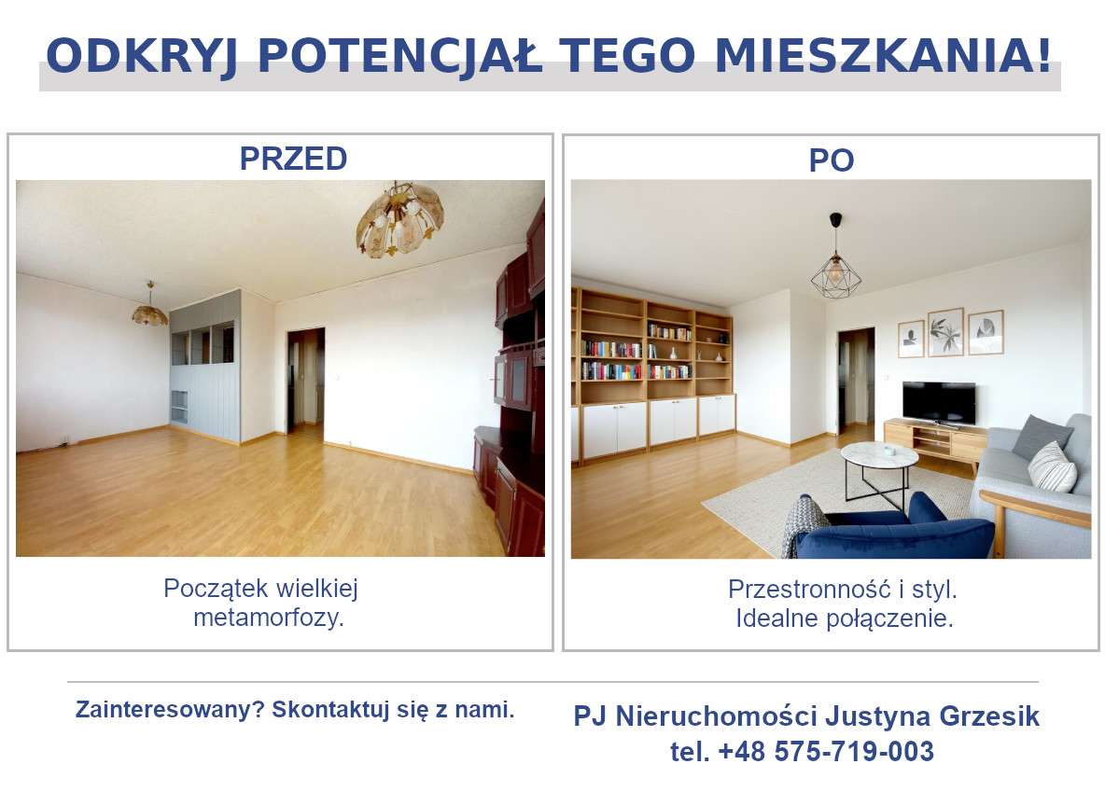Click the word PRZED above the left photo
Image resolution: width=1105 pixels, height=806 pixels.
tap(293, 159)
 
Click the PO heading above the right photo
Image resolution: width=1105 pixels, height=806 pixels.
tap(831, 160)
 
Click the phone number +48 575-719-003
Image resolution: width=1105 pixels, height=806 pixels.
tap(826, 751)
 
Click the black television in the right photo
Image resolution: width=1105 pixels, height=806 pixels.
tap(939, 402)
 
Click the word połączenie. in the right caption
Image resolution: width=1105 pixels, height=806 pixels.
tap(897, 618)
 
